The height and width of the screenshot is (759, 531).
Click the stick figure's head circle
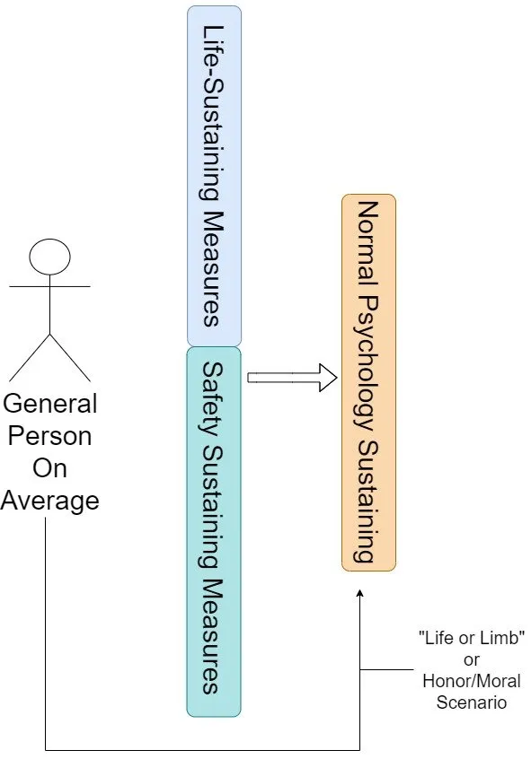(50, 257)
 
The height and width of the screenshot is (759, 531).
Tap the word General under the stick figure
(50, 405)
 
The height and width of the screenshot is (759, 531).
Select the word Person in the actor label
(50, 436)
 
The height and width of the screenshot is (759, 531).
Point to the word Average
(50, 501)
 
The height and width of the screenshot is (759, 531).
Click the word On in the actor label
(50, 468)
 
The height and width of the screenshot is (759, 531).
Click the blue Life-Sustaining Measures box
(215, 176)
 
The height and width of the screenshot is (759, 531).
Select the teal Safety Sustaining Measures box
(214, 531)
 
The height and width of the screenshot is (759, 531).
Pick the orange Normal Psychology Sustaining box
(369, 382)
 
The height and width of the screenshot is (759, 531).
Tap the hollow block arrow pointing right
(292, 378)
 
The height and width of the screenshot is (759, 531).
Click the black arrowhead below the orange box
(359, 594)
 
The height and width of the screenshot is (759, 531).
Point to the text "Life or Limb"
(472, 638)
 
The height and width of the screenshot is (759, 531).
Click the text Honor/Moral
(472, 681)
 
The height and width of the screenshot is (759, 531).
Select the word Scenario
(472, 702)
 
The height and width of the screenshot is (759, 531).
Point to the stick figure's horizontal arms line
(50, 286)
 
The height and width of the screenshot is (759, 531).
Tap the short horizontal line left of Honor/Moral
(386, 670)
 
